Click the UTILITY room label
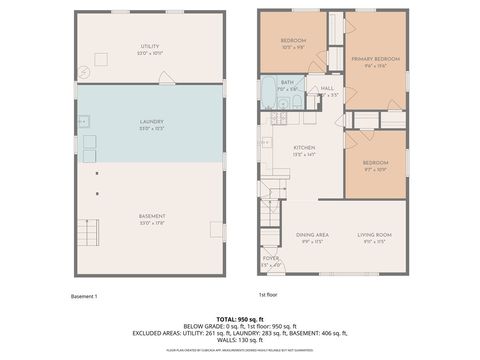tap(150, 46)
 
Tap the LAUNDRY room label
tap(150, 122)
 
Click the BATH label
tap(287, 83)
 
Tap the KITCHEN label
tap(274, 150)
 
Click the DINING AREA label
tap(312, 236)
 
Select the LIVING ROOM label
tap(375, 236)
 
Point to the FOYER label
tap(271, 259)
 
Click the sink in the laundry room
tap(84, 121)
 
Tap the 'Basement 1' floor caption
tap(84, 296)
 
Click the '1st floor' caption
tap(268, 296)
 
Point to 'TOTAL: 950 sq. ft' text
tap(240, 316)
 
